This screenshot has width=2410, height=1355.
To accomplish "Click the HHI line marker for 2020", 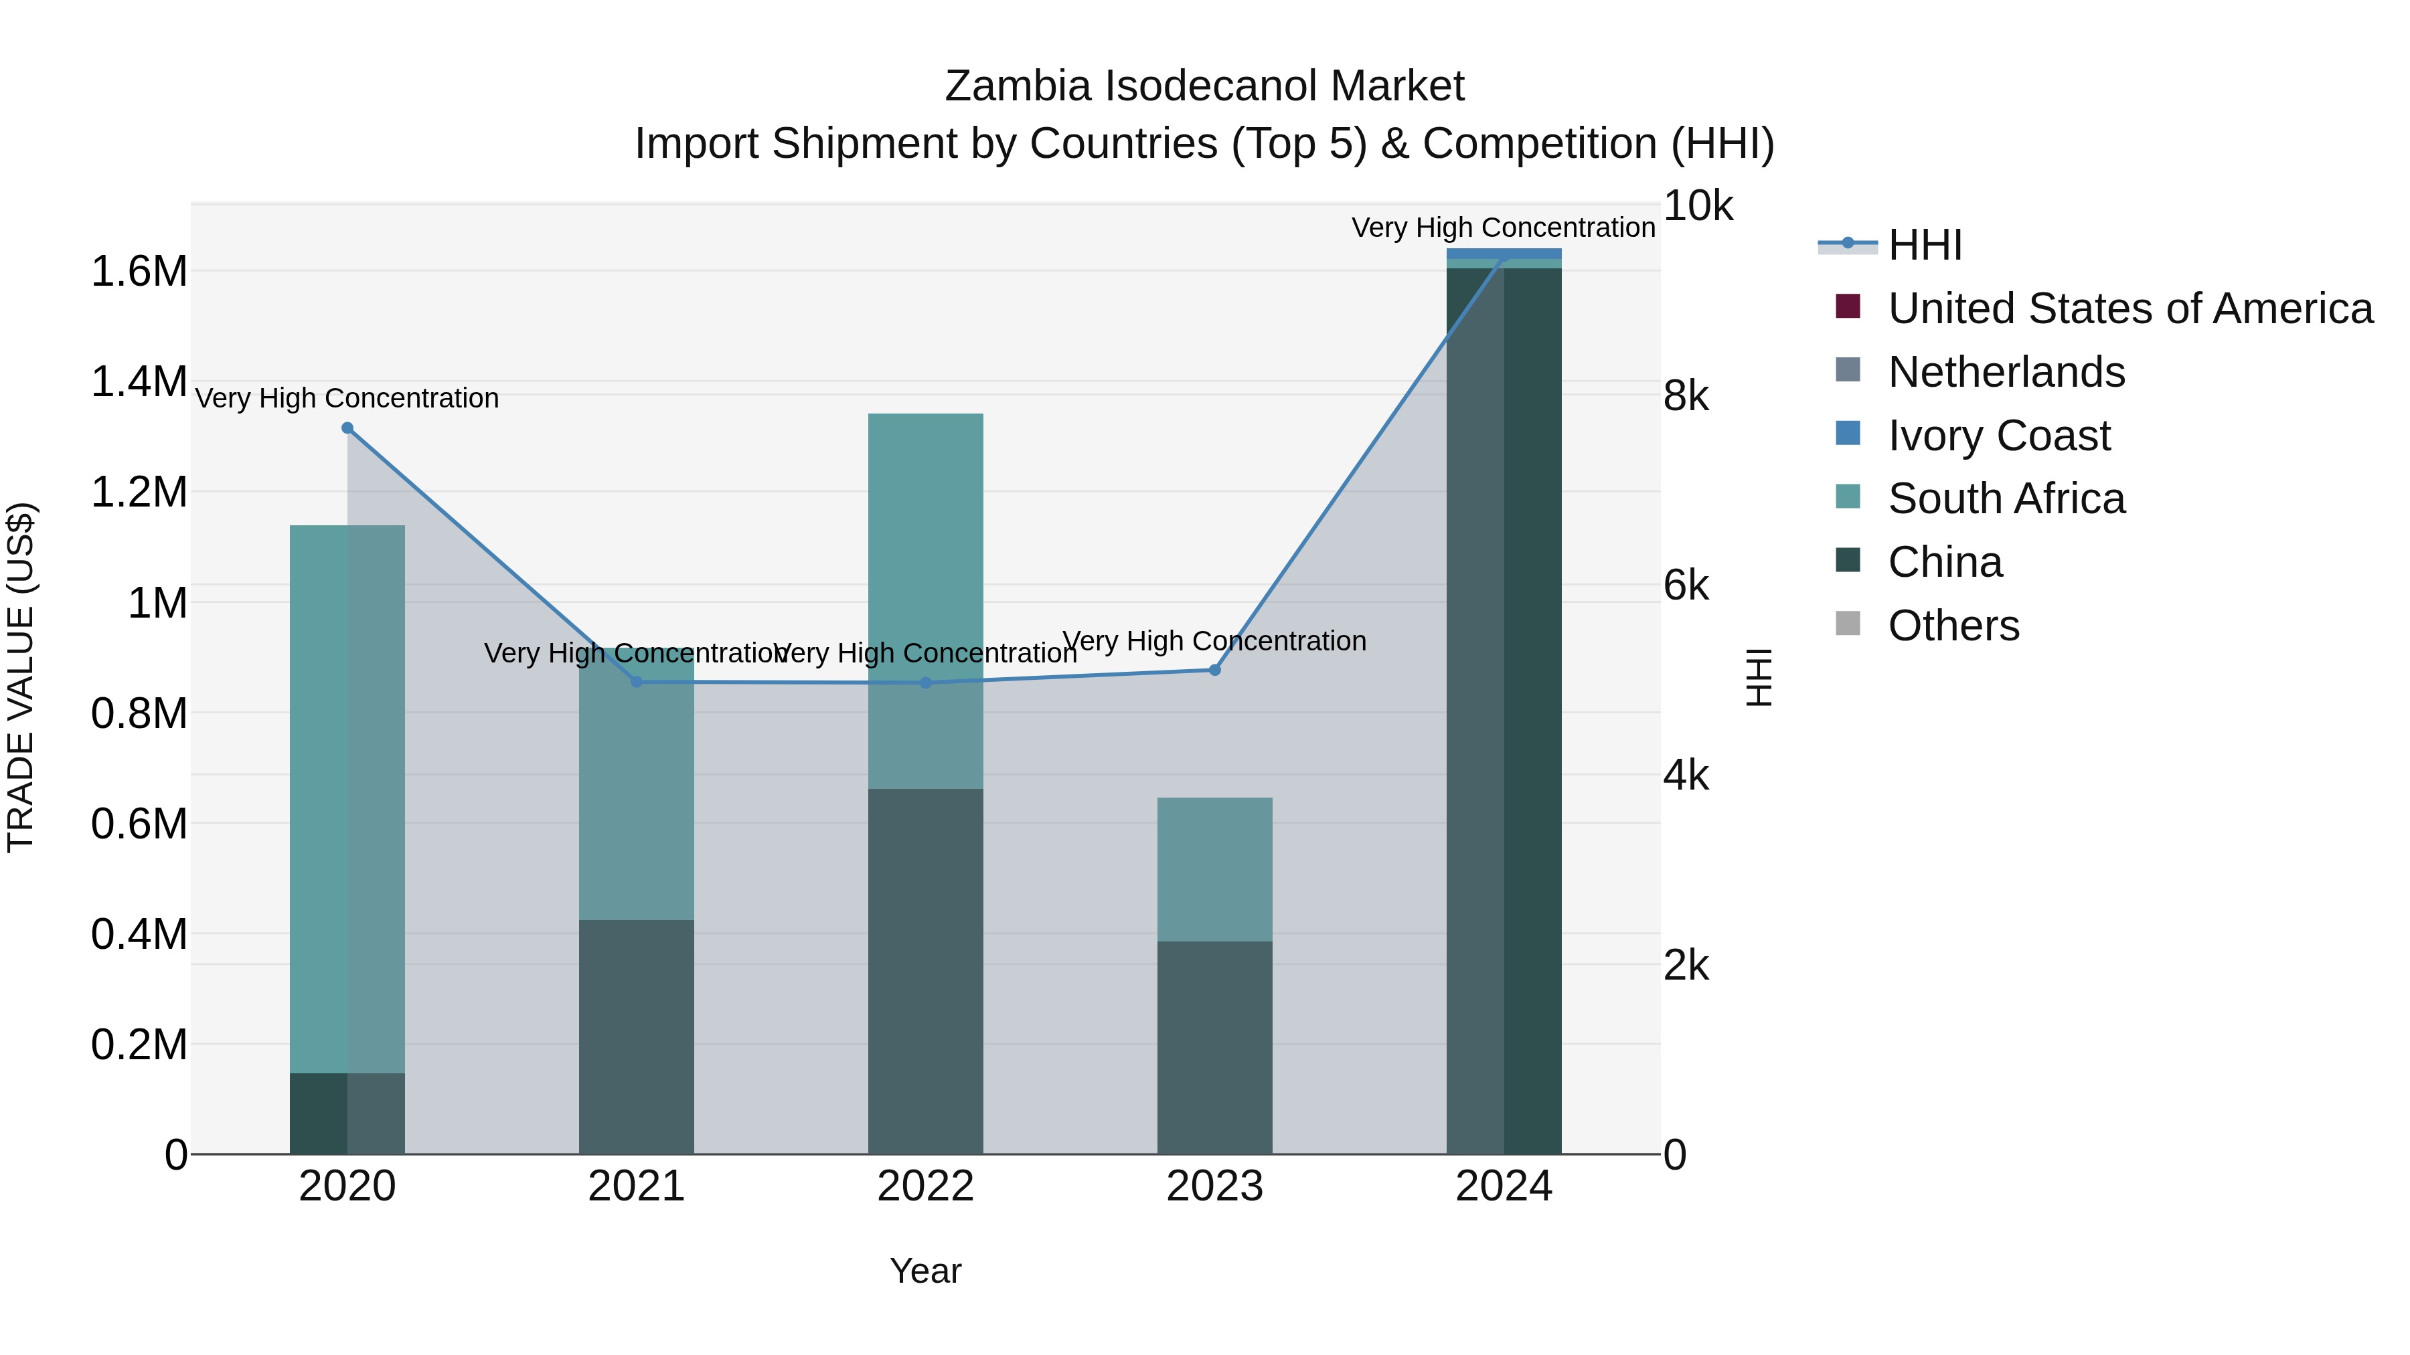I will coord(347,428).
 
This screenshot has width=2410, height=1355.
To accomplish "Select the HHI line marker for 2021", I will coord(636,682).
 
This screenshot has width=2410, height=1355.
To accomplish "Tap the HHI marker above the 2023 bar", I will coord(1214,670).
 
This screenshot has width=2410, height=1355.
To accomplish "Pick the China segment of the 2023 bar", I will coord(1214,1047).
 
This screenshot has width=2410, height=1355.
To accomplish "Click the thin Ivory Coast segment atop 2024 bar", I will coord(1504,254).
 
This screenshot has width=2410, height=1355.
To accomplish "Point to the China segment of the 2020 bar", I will coord(347,1113).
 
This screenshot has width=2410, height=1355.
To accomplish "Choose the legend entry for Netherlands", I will coord(2006,372).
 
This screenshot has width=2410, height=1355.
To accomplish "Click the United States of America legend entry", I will coord(2130,308).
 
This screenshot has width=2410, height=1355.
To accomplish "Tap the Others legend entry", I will coord(1953,626).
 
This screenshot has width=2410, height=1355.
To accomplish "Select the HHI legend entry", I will coord(1925,245).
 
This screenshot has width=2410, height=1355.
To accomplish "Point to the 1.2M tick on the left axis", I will coord(139,492).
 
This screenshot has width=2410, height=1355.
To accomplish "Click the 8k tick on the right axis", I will coord(1686,397).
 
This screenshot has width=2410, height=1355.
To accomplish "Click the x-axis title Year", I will coord(925,1271).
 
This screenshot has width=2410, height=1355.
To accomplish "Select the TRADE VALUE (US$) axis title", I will coord(21,677).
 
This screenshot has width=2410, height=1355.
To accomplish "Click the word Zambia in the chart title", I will coord(1017,86).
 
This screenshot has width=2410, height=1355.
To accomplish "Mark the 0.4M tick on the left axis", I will coord(139,934).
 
